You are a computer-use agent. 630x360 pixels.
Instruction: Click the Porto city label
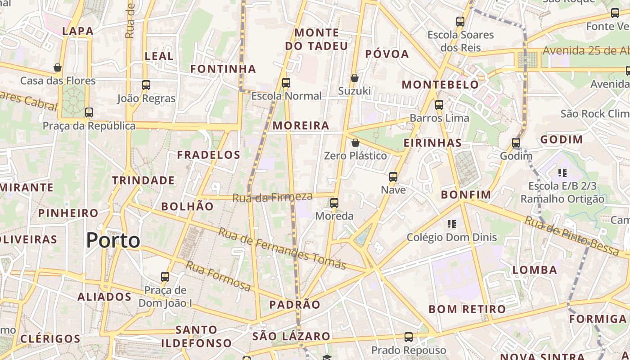pyautogui.click(x=113, y=240)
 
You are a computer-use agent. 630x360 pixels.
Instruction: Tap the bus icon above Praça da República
pyautogui.click(x=89, y=112)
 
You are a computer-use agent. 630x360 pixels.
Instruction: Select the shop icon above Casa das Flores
pyautogui.click(x=58, y=68)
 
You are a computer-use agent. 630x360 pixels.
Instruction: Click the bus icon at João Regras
pyautogui.click(x=146, y=85)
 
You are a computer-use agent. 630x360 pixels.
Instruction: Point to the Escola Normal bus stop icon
pyautogui.click(x=286, y=83)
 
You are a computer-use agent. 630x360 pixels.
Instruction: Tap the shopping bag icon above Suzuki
pyautogui.click(x=355, y=78)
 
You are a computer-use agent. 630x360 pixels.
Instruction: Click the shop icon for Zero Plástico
pyautogui.click(x=355, y=143)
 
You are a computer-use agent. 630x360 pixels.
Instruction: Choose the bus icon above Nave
pyautogui.click(x=393, y=177)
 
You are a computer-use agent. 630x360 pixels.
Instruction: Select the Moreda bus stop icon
pyautogui.click(x=334, y=203)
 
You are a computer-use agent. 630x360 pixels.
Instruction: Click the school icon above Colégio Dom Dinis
pyautogui.click(x=452, y=224)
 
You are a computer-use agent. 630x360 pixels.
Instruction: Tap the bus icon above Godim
pyautogui.click(x=516, y=143)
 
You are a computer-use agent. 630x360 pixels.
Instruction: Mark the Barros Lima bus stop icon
pyautogui.click(x=439, y=105)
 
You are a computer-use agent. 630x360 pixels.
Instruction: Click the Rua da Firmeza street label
pyautogui.click(x=272, y=197)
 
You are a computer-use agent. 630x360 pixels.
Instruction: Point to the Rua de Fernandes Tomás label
pyautogui.click(x=282, y=248)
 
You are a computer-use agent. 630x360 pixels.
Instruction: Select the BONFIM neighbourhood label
pyautogui.click(x=466, y=195)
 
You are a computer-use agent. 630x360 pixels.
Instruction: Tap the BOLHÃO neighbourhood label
pyautogui.click(x=187, y=207)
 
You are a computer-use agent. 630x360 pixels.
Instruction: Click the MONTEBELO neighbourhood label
pyautogui.click(x=440, y=85)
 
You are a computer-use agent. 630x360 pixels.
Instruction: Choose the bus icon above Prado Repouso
pyautogui.click(x=409, y=337)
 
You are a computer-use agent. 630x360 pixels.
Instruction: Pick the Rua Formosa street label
pyautogui.click(x=218, y=275)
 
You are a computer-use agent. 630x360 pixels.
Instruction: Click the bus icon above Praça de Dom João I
pyautogui.click(x=165, y=277)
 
